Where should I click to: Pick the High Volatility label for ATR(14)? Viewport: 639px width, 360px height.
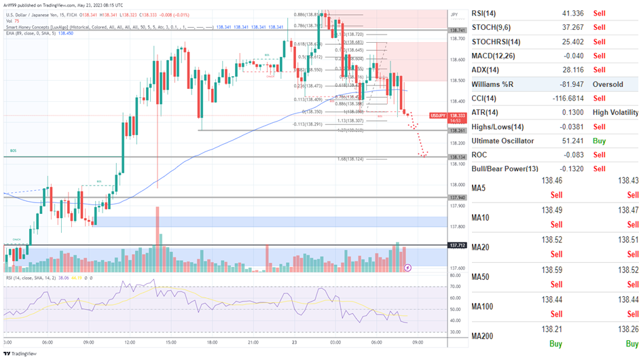click(x=615, y=112)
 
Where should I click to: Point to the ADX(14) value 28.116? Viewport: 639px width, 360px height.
click(x=554, y=70)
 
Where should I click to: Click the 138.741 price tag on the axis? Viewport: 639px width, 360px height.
click(x=458, y=31)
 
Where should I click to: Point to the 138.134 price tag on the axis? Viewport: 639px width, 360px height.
click(x=458, y=157)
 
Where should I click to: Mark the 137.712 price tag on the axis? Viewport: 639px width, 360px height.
click(x=458, y=245)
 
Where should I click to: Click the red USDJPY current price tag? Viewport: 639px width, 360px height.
click(x=458, y=117)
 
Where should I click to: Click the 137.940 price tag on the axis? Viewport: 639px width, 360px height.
click(x=458, y=198)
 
